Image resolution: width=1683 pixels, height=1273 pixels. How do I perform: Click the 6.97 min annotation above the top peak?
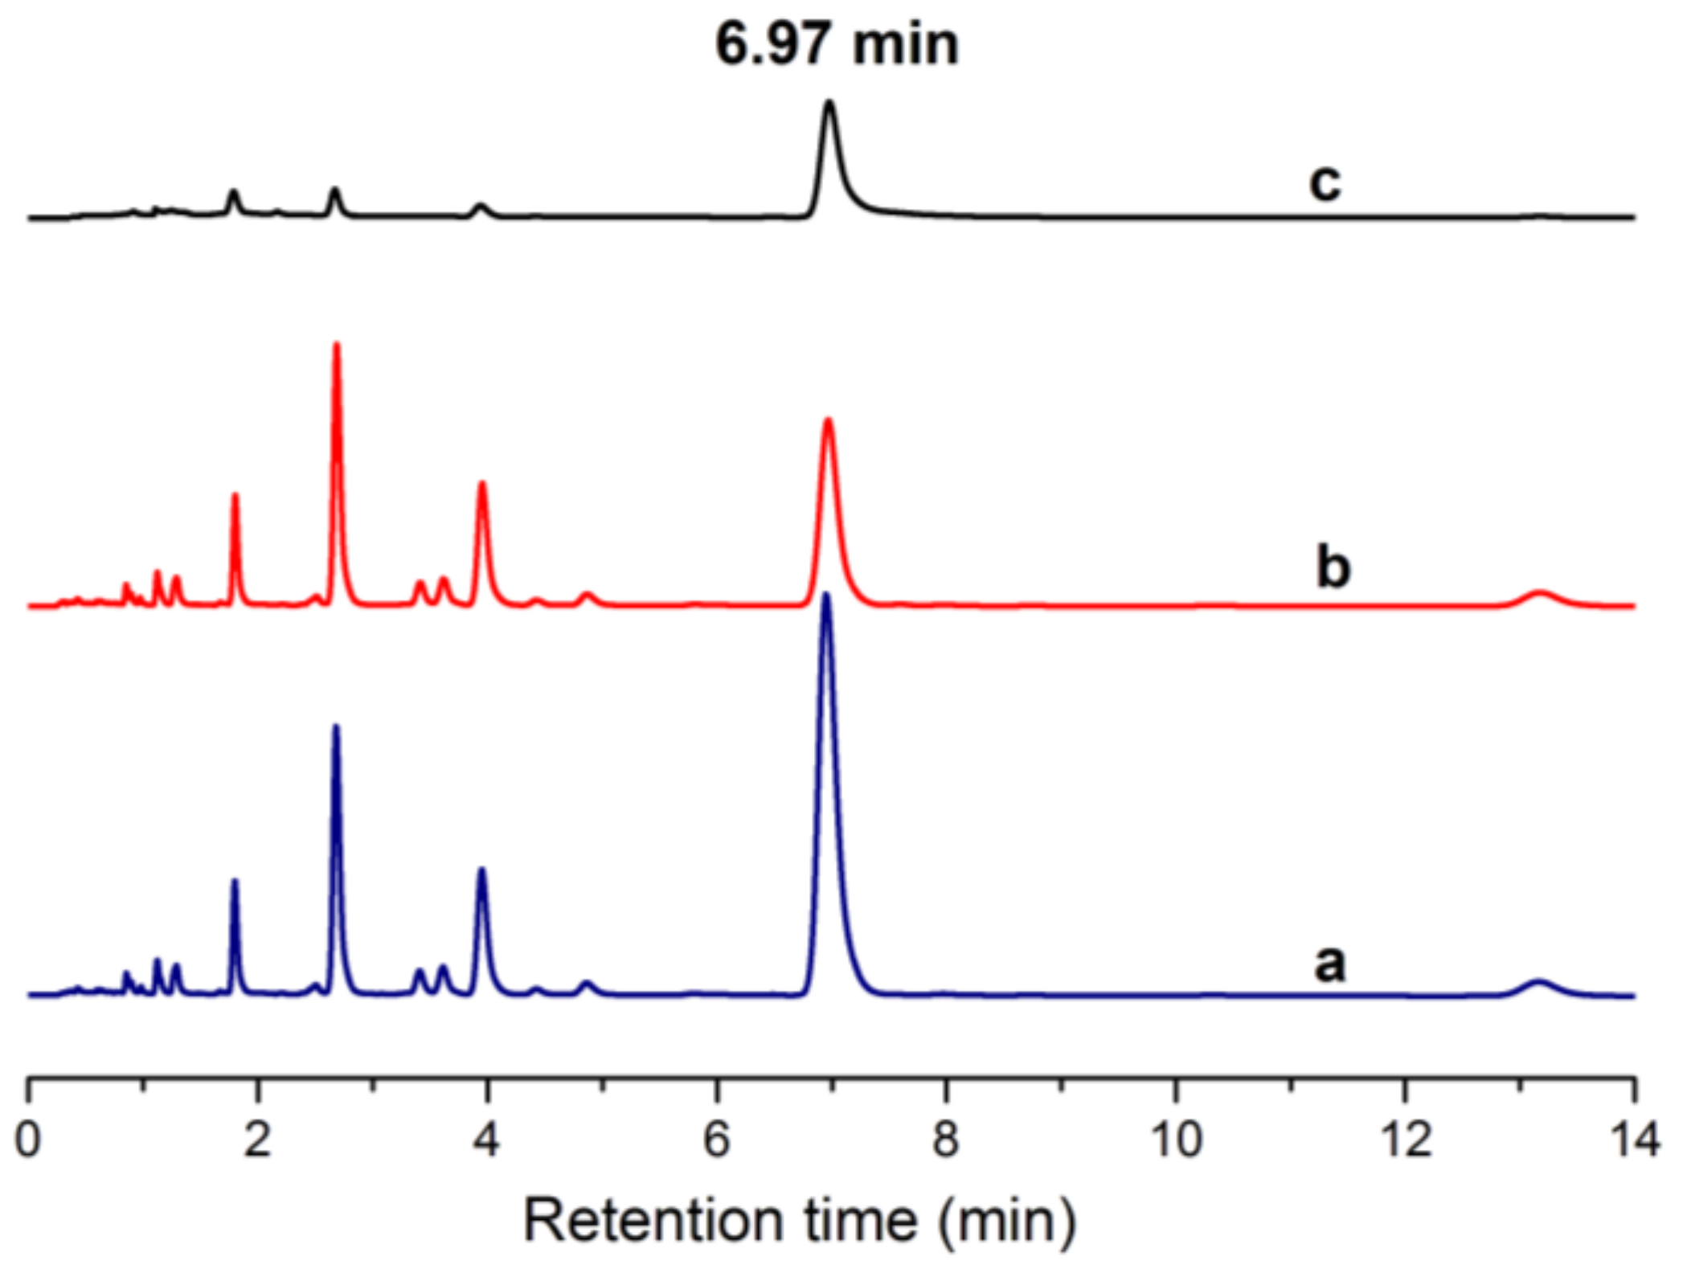coord(837,44)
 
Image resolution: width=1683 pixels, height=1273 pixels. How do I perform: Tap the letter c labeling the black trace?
coord(1325,182)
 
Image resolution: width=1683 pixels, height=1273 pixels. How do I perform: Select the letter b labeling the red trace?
coord(1333,567)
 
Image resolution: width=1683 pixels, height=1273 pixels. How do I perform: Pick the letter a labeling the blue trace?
coord(1329,962)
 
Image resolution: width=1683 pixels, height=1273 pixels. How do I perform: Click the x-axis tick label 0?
coord(28,1140)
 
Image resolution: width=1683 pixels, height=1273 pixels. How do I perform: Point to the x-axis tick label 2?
coord(257,1140)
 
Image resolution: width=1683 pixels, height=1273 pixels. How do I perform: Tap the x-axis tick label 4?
coord(486,1140)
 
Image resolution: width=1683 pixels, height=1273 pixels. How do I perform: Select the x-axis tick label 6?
coord(716,1140)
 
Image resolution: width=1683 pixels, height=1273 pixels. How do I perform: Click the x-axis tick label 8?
coord(946,1140)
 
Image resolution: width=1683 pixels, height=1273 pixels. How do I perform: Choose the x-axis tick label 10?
coord(1176,1140)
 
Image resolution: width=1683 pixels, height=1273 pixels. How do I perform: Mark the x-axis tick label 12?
coord(1406,1140)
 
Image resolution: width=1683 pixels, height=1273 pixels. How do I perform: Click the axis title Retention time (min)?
coord(799,1220)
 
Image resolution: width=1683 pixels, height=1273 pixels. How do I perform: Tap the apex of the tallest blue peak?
coord(825,596)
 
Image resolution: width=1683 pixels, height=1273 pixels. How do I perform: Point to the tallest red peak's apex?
coord(337,345)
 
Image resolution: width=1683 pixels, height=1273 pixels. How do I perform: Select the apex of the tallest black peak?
coord(829,102)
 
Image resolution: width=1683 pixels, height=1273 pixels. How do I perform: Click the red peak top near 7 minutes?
coord(828,420)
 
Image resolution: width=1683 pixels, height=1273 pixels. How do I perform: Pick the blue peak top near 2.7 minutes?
coord(336,727)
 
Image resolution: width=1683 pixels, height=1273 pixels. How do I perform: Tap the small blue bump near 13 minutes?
coord(1538,981)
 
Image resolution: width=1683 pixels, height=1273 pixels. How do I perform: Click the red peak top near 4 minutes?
coord(482,483)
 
